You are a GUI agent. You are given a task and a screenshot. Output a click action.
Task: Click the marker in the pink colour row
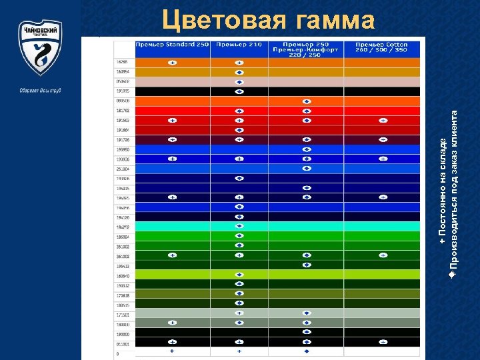239,82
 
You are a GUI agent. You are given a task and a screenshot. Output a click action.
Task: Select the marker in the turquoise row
239,226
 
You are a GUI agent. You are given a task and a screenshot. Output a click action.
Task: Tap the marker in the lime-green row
239,274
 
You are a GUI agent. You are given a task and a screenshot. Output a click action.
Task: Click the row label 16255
123,62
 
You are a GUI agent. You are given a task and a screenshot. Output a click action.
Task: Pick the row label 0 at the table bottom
118,353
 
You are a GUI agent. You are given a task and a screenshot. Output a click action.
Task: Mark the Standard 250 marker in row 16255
172,62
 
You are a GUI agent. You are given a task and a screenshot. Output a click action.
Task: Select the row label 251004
123,169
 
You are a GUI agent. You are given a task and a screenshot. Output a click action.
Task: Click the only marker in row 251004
306,169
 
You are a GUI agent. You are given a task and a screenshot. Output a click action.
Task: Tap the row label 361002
123,255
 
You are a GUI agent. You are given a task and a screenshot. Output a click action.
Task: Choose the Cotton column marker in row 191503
383,121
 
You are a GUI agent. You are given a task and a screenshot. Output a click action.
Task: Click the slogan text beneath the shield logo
40,90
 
